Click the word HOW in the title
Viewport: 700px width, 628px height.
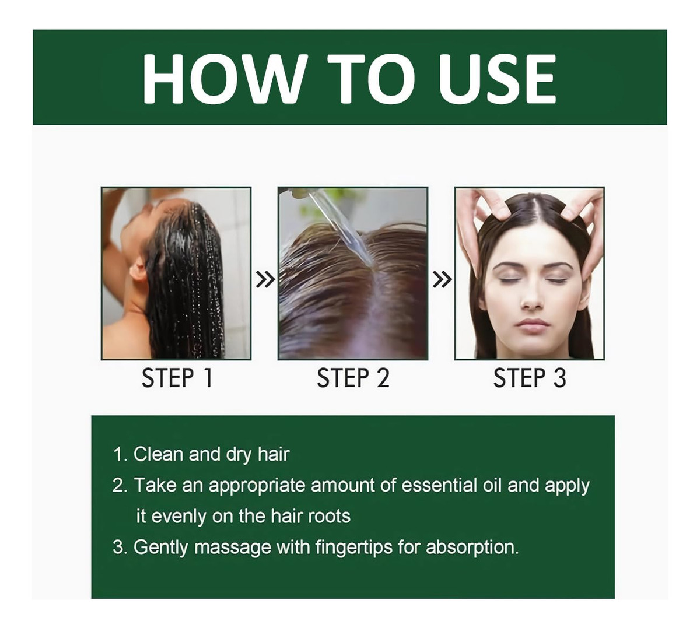(x=225, y=79)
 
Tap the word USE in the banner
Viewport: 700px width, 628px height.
(x=497, y=79)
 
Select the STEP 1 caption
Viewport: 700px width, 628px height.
(x=177, y=378)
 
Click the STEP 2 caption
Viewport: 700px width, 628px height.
(x=353, y=378)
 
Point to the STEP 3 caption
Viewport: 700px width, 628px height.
(x=530, y=378)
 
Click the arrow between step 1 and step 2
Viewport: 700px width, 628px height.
(x=265, y=279)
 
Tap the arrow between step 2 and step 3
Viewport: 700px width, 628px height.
(x=442, y=279)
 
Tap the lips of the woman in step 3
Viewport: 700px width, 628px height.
(x=533, y=324)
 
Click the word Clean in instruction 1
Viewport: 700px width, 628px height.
(x=158, y=454)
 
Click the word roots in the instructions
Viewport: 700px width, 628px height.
(x=329, y=517)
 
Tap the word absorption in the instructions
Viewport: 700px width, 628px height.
(x=473, y=548)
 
